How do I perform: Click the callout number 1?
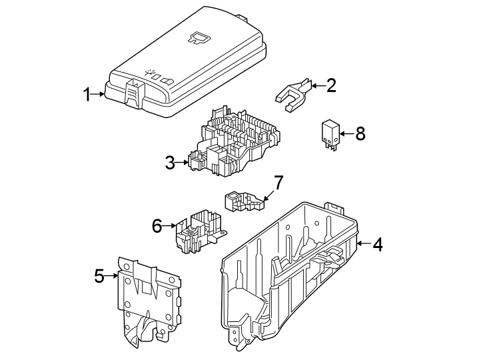pyautogui.click(x=87, y=94)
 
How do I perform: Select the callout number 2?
pyautogui.click(x=330, y=85)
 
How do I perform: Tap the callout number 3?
pyautogui.click(x=171, y=162)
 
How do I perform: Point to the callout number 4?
pyautogui.click(x=378, y=245)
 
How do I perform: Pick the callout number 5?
pyautogui.click(x=99, y=275)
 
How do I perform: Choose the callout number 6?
pyautogui.click(x=157, y=226)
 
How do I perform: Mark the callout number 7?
pyautogui.click(x=278, y=182)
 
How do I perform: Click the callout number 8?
pyautogui.click(x=360, y=133)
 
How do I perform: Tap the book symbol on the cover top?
pyautogui.click(x=197, y=40)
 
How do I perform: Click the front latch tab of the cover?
pyautogui.click(x=133, y=93)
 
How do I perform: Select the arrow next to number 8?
pyautogui.click(x=345, y=134)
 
